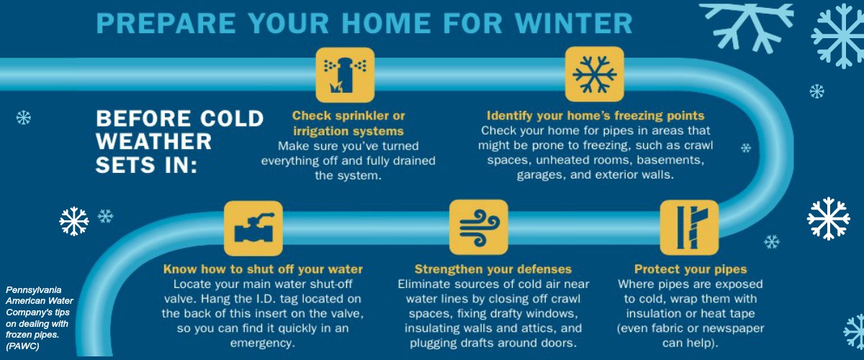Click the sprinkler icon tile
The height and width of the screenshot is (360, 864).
coord(345,75)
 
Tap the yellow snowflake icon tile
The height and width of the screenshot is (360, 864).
coord(595,74)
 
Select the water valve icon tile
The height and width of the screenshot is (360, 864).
coord(253,228)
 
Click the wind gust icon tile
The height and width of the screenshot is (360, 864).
coord(479,227)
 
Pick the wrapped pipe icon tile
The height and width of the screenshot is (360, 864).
coord(689,228)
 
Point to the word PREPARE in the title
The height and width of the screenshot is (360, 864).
coord(166,23)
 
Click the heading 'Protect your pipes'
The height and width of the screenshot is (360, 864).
coord(690,269)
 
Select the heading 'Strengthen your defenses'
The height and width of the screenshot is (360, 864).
coord(493,269)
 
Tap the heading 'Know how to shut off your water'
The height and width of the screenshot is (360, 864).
coord(263,269)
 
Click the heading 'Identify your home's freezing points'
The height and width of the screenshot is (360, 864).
coord(595,115)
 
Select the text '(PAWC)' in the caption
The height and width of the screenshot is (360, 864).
coord(22,346)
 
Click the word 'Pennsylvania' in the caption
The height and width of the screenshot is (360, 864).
coord(34,289)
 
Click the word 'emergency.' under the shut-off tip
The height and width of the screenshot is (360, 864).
coord(263,343)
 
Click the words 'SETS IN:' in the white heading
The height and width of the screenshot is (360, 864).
coord(147,165)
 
